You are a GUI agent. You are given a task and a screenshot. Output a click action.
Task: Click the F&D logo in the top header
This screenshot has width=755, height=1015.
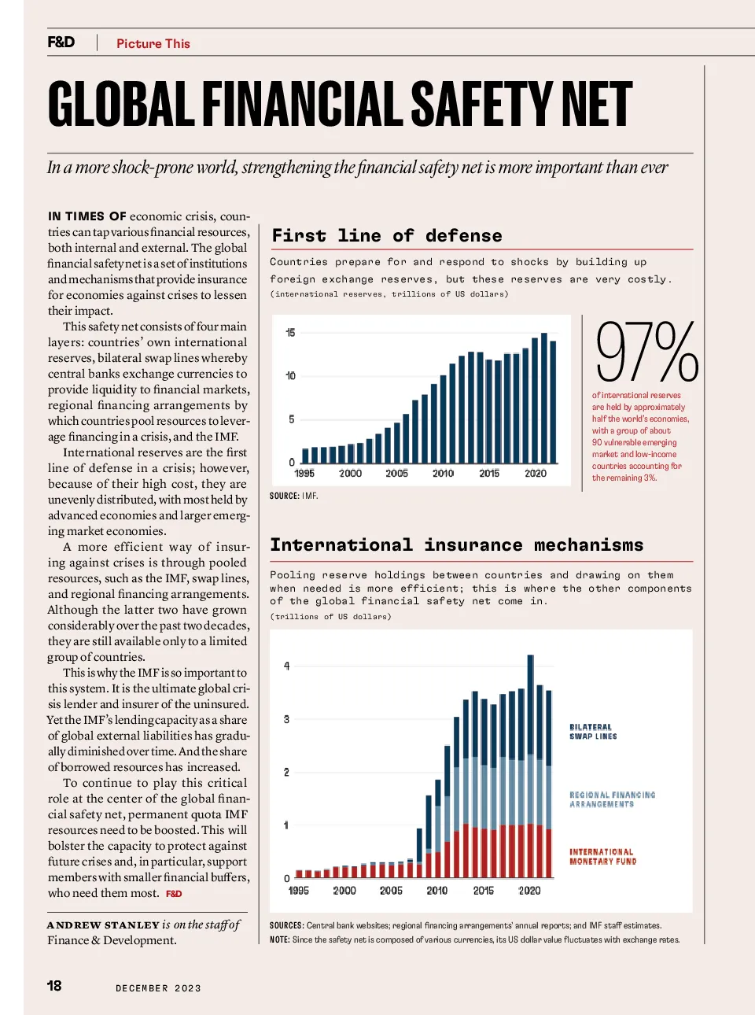(x=61, y=42)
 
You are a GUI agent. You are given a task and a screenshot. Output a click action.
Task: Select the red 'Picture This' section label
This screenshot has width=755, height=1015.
(x=153, y=43)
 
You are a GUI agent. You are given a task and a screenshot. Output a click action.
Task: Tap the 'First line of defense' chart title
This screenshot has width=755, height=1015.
(x=387, y=236)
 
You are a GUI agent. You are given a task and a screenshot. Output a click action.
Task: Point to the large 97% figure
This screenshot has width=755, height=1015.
(x=647, y=352)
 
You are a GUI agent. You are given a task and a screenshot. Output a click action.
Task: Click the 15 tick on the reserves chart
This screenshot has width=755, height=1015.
(x=290, y=333)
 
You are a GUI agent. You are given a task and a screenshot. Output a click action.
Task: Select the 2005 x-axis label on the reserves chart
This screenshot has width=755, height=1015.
(x=396, y=473)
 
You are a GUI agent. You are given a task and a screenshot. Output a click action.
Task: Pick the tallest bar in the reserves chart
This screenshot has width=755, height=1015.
(x=543, y=398)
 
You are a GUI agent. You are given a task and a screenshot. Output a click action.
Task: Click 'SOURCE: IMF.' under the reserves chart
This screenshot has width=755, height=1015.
(x=294, y=496)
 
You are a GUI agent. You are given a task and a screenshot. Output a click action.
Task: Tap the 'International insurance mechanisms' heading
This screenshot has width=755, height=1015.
(x=457, y=544)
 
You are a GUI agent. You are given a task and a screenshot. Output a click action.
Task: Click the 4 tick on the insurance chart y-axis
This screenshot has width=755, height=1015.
(x=287, y=666)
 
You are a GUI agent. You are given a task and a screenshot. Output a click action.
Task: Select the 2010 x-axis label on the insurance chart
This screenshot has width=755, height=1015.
(x=437, y=891)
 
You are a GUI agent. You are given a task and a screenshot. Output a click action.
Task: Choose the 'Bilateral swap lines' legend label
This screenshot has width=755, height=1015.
(x=593, y=731)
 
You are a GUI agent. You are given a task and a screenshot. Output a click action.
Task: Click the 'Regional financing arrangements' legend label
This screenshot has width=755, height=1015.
(x=612, y=799)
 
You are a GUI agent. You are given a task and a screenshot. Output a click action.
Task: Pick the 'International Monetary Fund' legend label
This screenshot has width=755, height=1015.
(x=602, y=856)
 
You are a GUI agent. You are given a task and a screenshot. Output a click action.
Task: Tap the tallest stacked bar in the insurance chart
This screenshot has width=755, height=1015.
(x=531, y=766)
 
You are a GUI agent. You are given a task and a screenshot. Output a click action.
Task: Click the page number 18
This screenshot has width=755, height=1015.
(x=54, y=985)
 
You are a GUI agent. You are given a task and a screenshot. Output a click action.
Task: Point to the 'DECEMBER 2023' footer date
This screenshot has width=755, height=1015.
(x=158, y=988)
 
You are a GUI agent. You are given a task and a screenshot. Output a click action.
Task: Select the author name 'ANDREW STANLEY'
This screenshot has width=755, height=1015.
(x=103, y=925)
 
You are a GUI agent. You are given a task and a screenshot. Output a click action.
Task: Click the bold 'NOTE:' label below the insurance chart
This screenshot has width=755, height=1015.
(x=279, y=939)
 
